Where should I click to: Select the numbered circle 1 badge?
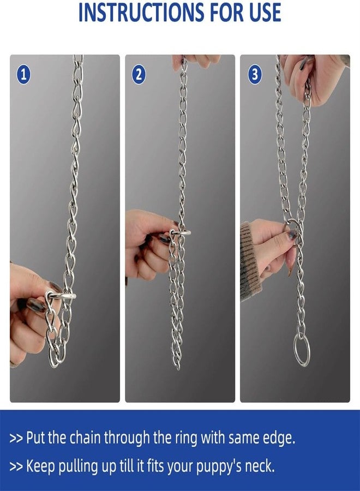click(23, 74)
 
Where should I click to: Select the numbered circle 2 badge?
click(139, 74)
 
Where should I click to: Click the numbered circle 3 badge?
click(254, 74)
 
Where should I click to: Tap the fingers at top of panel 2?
click(196, 60)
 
